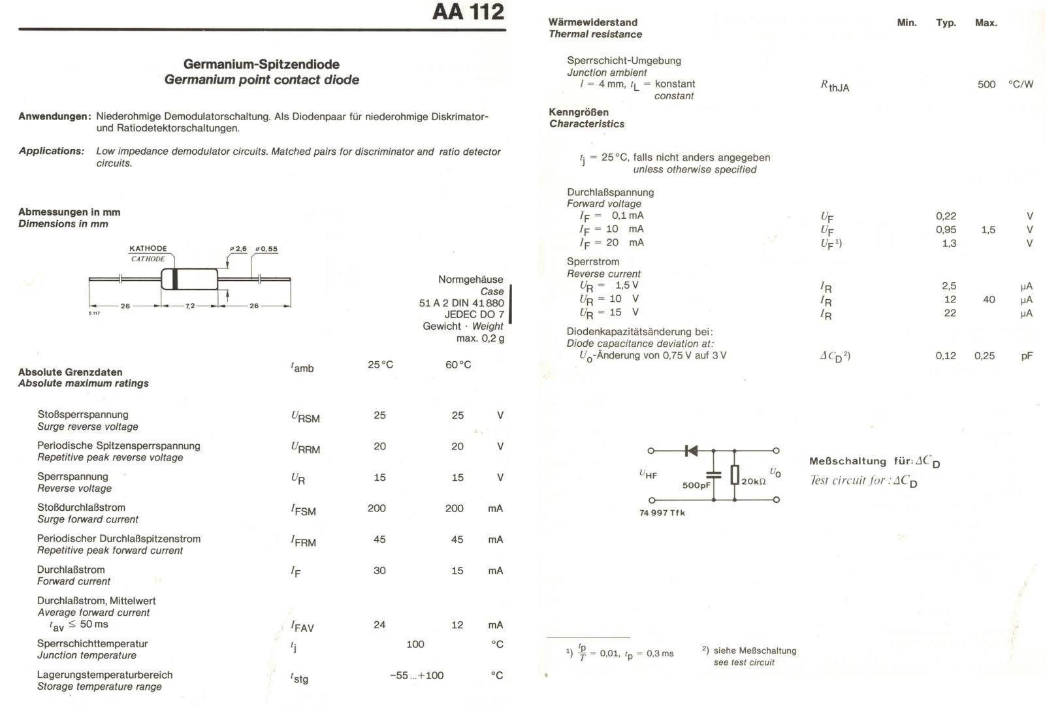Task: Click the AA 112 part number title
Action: click(x=468, y=12)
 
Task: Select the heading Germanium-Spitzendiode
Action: click(x=261, y=64)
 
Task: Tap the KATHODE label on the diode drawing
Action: click(x=148, y=248)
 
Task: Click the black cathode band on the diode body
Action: click(x=174, y=279)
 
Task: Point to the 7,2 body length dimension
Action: click(x=189, y=306)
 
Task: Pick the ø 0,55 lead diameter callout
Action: click(x=266, y=249)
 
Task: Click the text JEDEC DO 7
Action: click(x=474, y=314)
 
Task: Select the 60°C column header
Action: click(x=458, y=364)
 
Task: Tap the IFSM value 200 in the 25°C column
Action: click(x=377, y=508)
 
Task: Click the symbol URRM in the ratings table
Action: click(x=305, y=448)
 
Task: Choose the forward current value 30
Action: click(x=379, y=570)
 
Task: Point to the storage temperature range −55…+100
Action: click(x=416, y=675)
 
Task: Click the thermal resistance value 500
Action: click(x=986, y=84)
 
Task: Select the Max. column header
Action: click(x=986, y=23)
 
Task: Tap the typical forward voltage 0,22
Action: click(x=946, y=216)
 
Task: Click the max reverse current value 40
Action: click(x=989, y=299)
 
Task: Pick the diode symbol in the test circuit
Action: click(x=690, y=451)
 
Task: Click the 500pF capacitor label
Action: click(x=696, y=485)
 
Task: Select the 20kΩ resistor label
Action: click(x=753, y=481)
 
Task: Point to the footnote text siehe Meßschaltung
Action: click(x=754, y=651)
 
